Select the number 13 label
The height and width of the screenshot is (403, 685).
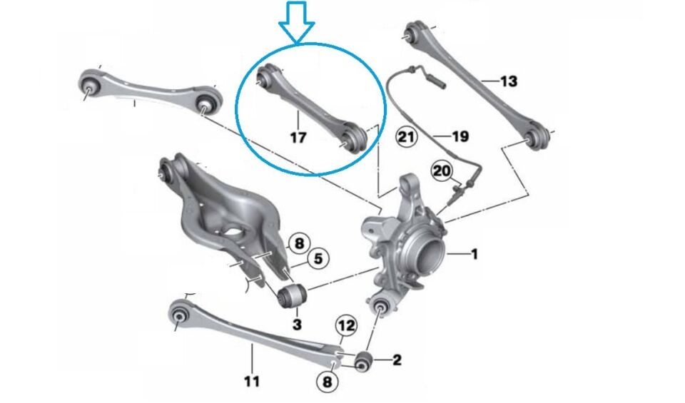pos(507,81)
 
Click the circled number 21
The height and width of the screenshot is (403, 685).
pos(406,136)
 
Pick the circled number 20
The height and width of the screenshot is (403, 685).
pos(441,170)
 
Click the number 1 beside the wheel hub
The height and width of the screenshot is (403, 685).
pos(474,252)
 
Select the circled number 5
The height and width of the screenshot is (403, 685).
pos(318,260)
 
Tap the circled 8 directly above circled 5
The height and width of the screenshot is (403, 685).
pos(299,243)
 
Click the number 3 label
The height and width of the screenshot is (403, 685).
pos(297,325)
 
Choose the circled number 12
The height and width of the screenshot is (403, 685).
pos(346,326)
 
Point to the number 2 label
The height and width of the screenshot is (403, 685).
pos(397,360)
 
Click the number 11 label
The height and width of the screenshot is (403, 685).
pos(251,381)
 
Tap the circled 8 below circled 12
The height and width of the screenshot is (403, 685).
pos(327,382)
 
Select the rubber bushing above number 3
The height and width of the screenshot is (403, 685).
pos(291,295)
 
